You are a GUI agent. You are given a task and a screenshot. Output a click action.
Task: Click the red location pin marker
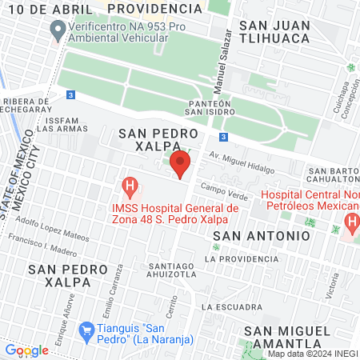(x=181, y=165)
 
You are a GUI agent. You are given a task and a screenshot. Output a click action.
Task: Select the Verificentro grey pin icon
(x=58, y=31)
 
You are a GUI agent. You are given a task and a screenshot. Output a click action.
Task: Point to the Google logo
(x=26, y=350)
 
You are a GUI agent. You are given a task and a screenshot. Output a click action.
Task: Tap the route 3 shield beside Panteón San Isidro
(x=226, y=137)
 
